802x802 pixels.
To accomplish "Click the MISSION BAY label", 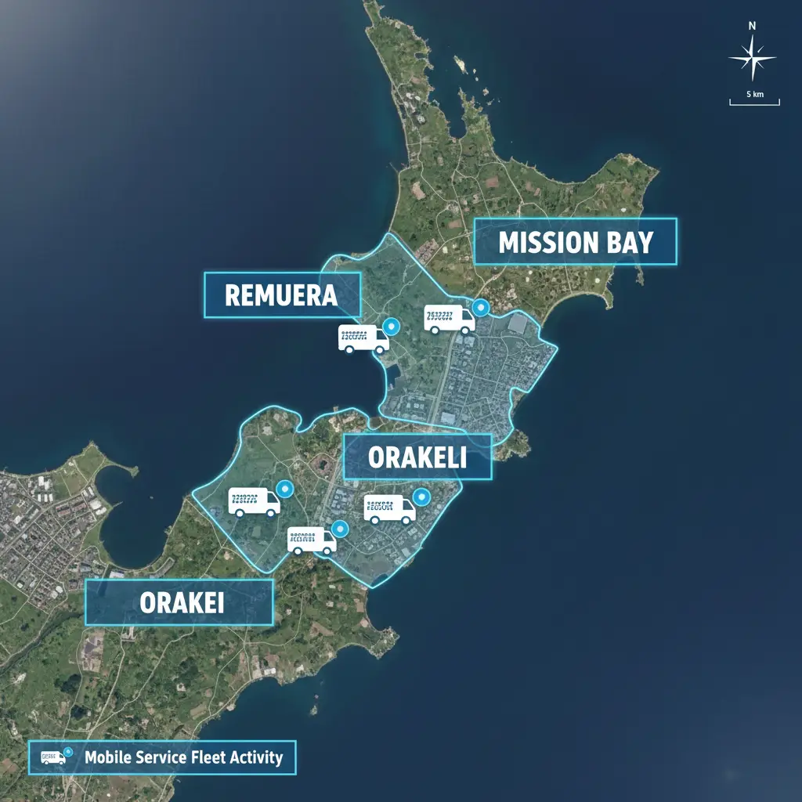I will [x=576, y=242].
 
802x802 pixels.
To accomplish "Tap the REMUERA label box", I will [x=282, y=294].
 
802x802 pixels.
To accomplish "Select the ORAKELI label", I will [x=417, y=457].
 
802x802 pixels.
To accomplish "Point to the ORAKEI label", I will [x=179, y=602].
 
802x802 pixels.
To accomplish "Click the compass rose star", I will [x=752, y=58].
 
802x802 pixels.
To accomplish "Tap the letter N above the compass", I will [x=752, y=26].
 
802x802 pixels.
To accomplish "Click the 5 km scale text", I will [x=754, y=94].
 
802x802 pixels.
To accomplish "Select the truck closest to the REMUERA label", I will [x=363, y=338].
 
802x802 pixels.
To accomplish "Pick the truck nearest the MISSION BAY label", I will [x=450, y=319].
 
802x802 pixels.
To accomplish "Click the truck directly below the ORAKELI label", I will [x=389, y=509].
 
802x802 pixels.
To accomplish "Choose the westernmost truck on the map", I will [x=254, y=501].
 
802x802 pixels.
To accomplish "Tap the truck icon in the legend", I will [x=53, y=757].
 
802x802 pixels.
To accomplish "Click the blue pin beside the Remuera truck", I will [x=392, y=325].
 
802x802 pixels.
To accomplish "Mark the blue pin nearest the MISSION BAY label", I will [x=480, y=307].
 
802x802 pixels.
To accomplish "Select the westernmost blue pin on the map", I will [x=284, y=488].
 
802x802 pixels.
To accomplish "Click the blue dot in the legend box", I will [x=69, y=753].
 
